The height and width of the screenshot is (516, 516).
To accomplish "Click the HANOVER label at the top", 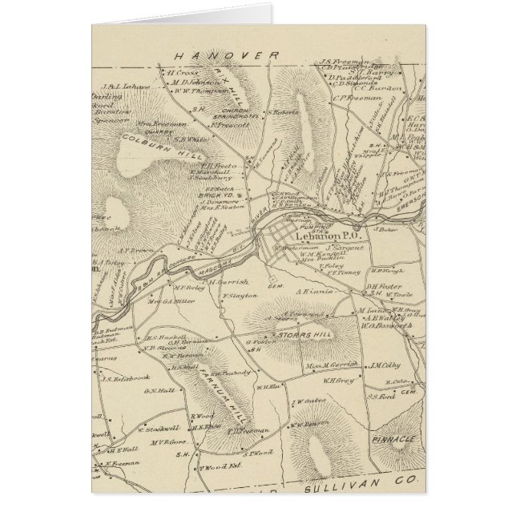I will [x=227, y=54].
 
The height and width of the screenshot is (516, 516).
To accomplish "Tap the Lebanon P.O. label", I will [x=320, y=237].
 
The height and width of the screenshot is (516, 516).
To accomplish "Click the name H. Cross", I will [x=182, y=71].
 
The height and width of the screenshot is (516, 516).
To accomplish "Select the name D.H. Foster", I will [x=383, y=287].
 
